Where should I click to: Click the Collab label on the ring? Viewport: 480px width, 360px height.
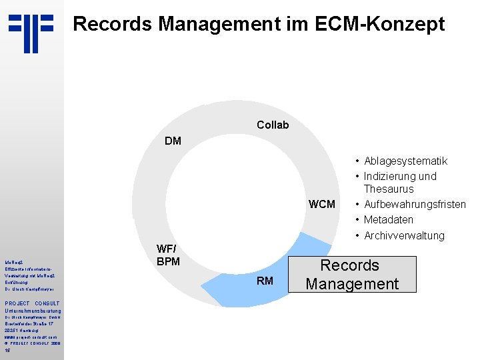273,125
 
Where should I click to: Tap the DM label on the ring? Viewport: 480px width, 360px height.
172,141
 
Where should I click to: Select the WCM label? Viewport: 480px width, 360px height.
322,203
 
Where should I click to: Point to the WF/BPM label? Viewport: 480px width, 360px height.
168,255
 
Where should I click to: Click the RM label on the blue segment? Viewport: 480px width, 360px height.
265,281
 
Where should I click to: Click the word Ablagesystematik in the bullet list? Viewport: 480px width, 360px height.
405,161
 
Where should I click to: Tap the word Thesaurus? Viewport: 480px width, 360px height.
389,189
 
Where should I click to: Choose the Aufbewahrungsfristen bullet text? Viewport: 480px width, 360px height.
415,204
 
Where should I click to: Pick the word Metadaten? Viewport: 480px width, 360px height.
389,219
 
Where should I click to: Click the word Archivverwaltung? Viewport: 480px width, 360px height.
404,235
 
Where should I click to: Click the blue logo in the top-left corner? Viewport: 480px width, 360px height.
31,33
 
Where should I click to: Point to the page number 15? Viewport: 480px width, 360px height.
7,350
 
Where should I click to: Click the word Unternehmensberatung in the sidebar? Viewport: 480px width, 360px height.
33,311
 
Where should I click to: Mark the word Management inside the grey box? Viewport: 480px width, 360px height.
352,283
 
